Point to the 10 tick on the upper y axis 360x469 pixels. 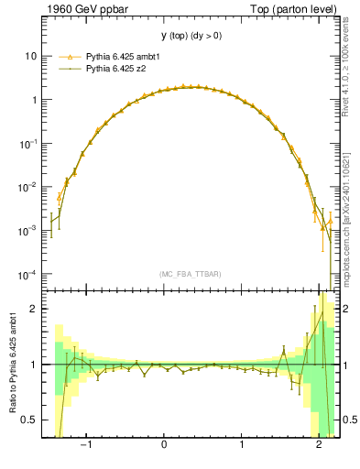pos(30,56)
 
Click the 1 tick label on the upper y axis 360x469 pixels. pos(33,100)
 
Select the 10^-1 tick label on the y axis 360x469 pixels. pos(28,143)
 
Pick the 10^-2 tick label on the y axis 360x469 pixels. pos(28,187)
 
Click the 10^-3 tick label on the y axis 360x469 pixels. pos(28,231)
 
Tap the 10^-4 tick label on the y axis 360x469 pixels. pos(28,275)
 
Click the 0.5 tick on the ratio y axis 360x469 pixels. pos(29,420)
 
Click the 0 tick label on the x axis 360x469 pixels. pos(164,447)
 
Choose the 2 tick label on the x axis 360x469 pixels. pos(319,447)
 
